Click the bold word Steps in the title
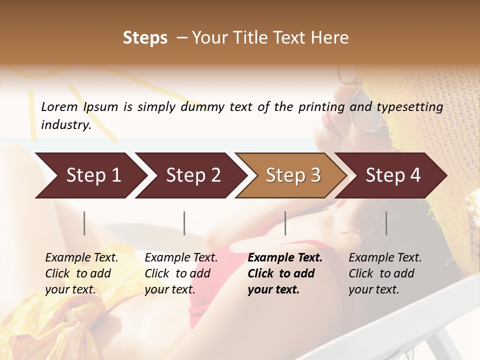click(x=145, y=38)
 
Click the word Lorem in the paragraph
click(x=59, y=106)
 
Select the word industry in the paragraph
click(x=65, y=125)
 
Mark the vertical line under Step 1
click(x=84, y=223)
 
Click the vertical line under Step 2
click(x=184, y=223)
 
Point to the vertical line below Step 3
click(x=285, y=223)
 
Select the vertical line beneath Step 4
click(x=386, y=223)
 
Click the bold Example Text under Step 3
click(x=284, y=273)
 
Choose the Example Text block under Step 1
click(x=81, y=273)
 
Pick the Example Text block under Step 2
click(x=181, y=273)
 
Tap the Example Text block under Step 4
click(x=385, y=273)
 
